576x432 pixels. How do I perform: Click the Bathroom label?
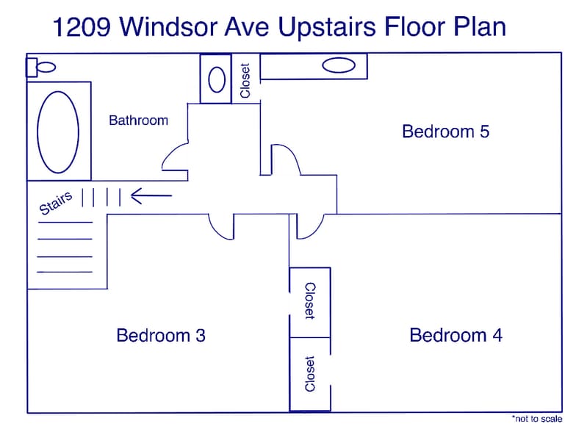click(138, 120)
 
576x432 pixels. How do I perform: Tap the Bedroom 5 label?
click(445, 132)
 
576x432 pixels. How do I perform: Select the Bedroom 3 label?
click(161, 336)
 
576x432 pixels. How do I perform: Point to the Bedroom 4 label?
click(456, 336)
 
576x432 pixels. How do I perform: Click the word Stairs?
click(56, 203)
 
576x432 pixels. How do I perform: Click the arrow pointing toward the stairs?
click(151, 196)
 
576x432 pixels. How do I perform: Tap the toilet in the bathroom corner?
click(41, 67)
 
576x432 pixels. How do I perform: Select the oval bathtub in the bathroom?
click(58, 132)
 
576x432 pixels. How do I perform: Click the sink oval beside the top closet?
click(217, 79)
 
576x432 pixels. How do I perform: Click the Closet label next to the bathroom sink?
click(245, 79)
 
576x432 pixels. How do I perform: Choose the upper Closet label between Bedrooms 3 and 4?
click(309, 301)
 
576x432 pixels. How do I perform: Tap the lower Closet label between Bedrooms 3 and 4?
click(309, 374)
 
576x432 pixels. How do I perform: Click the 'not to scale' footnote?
click(537, 418)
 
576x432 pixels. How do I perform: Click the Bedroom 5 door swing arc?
click(287, 157)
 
